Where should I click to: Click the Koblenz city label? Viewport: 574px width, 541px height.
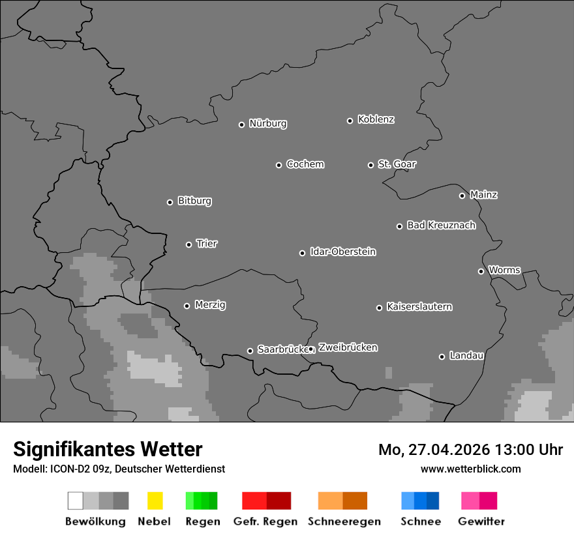point(376,119)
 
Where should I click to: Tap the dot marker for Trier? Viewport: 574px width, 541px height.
point(189,244)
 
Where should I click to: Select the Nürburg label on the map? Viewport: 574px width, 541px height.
point(267,123)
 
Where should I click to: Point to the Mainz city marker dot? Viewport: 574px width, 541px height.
point(462,196)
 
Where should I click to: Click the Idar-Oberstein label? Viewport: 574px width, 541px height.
point(343,252)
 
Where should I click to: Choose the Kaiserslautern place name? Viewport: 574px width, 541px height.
point(419,306)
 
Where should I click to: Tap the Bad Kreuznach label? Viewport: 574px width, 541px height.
point(441,225)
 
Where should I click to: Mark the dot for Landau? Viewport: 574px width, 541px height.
point(442,357)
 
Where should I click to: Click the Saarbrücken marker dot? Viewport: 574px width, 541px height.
point(250,351)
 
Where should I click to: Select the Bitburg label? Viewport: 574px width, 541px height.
point(194,201)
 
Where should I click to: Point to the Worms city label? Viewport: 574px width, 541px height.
point(504,270)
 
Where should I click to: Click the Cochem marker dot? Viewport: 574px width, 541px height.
point(279,165)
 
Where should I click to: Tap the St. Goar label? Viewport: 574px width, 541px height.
point(397,164)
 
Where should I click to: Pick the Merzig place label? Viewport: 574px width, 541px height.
point(210,304)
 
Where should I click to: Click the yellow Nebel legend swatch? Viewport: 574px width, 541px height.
point(155,501)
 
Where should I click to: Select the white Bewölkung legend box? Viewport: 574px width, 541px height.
point(76,501)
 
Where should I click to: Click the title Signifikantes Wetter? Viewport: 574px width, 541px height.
point(108,449)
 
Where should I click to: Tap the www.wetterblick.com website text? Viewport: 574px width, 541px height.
point(470,469)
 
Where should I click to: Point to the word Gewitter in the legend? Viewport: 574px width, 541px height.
point(481,521)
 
